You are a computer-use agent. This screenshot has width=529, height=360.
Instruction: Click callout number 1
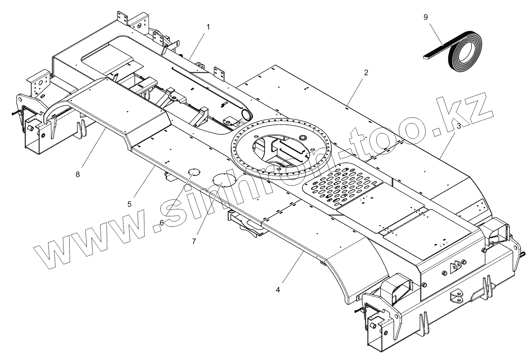click(208, 27)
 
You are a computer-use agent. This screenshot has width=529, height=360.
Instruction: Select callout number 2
click(366, 73)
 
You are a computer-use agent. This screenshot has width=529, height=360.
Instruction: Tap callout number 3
click(459, 127)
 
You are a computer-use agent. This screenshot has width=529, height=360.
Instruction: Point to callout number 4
click(278, 290)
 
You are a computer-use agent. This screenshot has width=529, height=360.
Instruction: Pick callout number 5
click(129, 204)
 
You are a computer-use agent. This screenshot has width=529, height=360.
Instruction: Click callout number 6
click(161, 223)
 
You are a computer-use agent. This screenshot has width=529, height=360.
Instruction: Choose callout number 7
click(194, 241)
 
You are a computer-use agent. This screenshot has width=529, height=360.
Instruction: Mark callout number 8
click(78, 174)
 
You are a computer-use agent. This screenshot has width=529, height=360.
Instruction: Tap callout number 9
click(426, 17)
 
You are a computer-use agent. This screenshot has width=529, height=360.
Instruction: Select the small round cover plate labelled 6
click(194, 172)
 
